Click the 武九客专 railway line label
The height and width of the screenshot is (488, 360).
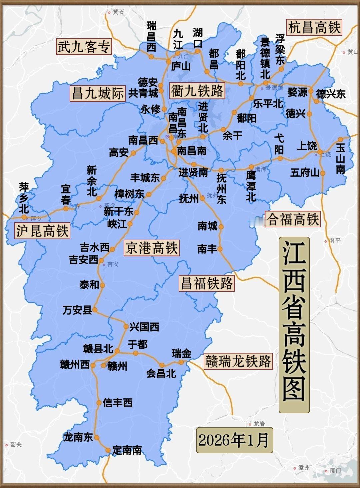point(84,47)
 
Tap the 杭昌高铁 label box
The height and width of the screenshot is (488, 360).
point(314,27)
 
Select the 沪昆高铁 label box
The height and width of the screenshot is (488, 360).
point(42,231)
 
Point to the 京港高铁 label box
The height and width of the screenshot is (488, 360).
point(152,248)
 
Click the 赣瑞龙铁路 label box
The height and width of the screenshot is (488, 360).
point(238,361)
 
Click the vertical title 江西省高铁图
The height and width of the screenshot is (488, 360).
point(294,325)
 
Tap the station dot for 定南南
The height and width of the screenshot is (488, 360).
point(108,450)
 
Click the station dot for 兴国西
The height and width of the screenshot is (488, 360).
point(126,327)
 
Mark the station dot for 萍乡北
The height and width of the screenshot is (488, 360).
point(24,217)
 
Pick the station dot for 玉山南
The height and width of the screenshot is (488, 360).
point(340,140)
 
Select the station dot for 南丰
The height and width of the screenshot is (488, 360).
point(220,249)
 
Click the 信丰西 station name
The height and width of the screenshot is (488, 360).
point(118,403)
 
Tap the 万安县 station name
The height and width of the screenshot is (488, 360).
point(77,310)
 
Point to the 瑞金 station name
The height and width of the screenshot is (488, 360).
point(182,353)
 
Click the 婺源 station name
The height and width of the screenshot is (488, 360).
point(297,92)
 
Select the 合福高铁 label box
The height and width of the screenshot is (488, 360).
point(293,219)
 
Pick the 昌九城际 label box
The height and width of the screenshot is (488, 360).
point(98,93)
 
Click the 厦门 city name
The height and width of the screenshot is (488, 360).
point(335,471)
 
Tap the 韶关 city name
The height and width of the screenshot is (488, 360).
point(16,444)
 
